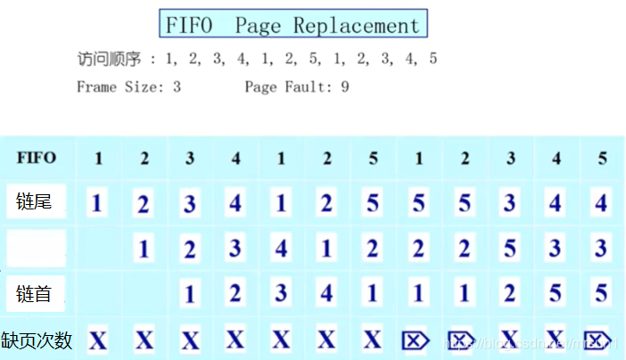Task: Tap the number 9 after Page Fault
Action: click(344, 86)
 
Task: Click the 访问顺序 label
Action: click(110, 59)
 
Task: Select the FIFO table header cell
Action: click(37, 159)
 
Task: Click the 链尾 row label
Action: click(34, 202)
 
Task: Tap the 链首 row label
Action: click(34, 292)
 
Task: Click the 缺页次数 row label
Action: click(37, 340)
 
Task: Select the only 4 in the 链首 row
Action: click(326, 293)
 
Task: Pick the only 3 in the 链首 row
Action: click(281, 293)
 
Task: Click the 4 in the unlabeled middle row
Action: click(281, 248)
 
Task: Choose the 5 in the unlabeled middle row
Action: click(509, 248)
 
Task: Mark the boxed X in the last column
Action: click(600, 340)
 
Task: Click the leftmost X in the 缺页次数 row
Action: click(98, 340)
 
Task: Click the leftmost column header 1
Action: click(98, 159)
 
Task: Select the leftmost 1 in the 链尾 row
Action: click(98, 203)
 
